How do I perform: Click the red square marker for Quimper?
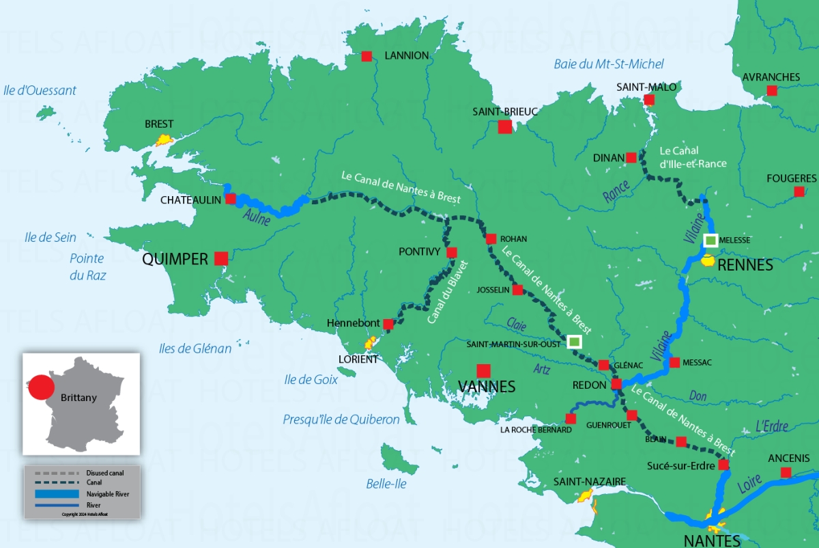(x=221, y=258)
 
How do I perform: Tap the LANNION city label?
(x=407, y=55)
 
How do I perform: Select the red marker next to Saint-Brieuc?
(x=505, y=126)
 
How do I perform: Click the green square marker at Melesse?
(x=711, y=240)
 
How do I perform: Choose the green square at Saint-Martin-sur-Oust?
(x=575, y=341)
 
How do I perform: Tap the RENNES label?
(x=745, y=265)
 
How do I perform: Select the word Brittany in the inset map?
(x=78, y=398)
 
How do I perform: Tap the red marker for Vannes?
(x=484, y=371)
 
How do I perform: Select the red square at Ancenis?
(x=786, y=472)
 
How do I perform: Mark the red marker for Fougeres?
(x=799, y=192)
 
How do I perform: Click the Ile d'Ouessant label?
(x=40, y=90)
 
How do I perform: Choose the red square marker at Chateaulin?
(x=231, y=199)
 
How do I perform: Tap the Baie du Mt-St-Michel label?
(x=608, y=64)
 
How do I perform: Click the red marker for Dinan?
(x=631, y=158)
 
